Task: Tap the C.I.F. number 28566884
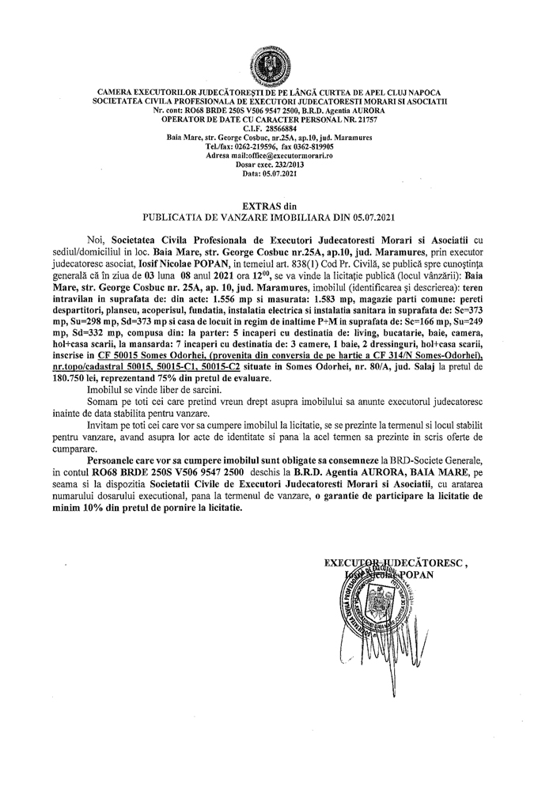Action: (281, 129)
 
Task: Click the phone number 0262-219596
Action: (252, 147)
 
